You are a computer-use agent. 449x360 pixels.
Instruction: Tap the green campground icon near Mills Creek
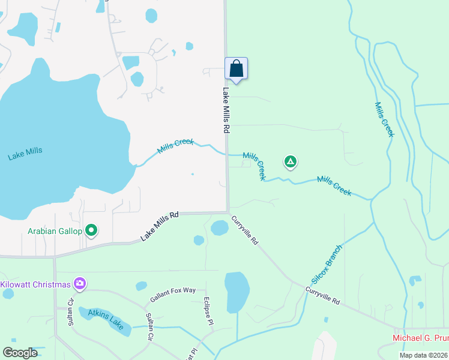pos(290,161)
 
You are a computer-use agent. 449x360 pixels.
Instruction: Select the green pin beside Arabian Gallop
pos(91,230)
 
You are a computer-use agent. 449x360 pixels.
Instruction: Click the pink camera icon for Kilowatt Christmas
pos(79,283)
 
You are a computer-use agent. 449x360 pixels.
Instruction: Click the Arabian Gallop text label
pos(55,231)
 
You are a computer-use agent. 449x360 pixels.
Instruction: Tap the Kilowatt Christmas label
pos(35,284)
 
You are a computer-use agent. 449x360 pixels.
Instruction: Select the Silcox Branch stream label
pos(327,265)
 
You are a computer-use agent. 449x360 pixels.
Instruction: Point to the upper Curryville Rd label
pos(245,230)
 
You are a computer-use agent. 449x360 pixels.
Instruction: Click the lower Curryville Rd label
pos(322,296)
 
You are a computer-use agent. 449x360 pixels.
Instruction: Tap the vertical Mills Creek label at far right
pos(384,119)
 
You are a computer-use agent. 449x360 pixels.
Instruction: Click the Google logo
pos(20,353)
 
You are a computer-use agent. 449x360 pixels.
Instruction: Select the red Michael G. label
pos(420,338)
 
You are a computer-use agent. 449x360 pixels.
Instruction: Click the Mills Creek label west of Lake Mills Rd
pos(175,146)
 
